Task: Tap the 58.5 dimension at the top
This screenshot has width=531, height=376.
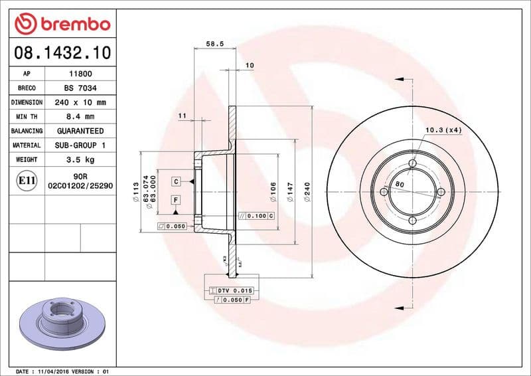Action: click(214, 44)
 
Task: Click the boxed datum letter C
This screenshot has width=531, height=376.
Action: click(177, 181)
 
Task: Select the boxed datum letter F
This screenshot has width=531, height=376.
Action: click(177, 199)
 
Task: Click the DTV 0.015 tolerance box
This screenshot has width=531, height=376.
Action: click(235, 291)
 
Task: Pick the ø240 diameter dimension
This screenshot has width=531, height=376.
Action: click(307, 192)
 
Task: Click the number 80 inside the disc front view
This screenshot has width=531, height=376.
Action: click(400, 183)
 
